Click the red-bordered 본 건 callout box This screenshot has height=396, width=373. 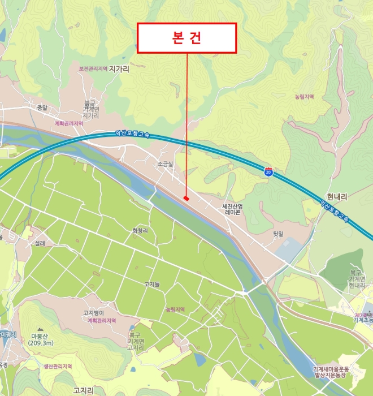click(186, 38)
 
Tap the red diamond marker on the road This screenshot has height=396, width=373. click(186, 197)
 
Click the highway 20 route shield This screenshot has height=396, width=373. click(268, 170)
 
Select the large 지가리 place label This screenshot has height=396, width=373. click(119, 69)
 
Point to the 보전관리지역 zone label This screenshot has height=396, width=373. click(93, 69)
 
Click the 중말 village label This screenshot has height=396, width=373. click(41, 107)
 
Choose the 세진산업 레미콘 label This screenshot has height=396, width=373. click(233, 209)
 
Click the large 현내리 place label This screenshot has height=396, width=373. click(336, 197)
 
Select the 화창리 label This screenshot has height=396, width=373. click(140, 231)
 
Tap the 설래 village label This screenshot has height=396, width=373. click(40, 244)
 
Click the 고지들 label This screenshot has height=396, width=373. click(152, 284)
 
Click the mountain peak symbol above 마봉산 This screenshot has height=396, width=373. click(40, 329)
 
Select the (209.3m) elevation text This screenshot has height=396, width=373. click(40, 343)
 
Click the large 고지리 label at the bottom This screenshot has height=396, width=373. click(83, 390)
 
